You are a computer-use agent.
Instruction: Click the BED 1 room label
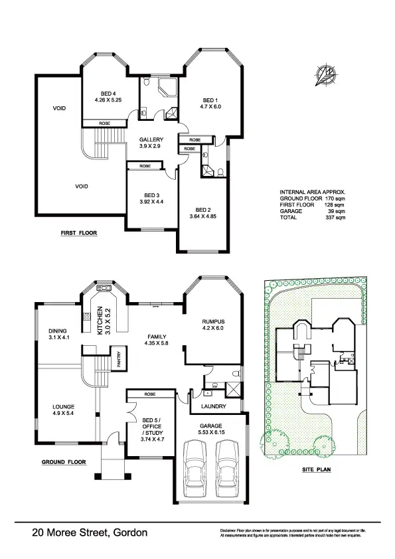coord(211,98)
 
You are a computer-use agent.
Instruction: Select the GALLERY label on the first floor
coord(151,139)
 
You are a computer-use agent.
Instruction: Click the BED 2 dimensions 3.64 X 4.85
coord(202,216)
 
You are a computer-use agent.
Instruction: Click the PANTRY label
coord(118,359)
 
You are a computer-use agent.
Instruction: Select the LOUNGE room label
coord(64,406)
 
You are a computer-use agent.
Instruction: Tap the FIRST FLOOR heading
coord(79,234)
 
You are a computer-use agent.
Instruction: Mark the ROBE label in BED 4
coord(104,123)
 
